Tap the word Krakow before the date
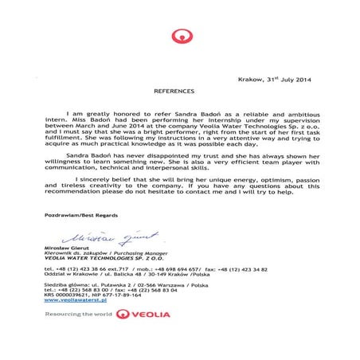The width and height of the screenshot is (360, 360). point(251,80)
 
